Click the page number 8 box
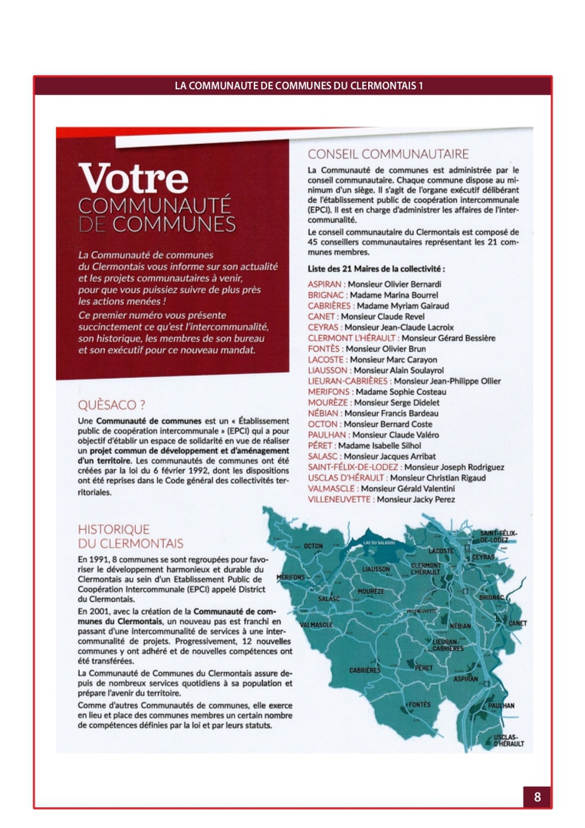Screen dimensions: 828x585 (x=537, y=797)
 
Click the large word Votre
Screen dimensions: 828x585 (x=133, y=179)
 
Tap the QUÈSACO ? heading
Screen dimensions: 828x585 (x=112, y=405)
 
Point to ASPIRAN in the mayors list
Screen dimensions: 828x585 (x=324, y=284)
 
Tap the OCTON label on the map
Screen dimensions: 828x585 (x=314, y=546)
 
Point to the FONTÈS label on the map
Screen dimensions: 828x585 (x=419, y=704)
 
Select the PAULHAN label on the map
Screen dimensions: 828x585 (x=501, y=705)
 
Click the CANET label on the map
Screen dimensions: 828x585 (x=518, y=623)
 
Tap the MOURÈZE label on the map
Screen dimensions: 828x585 (x=371, y=592)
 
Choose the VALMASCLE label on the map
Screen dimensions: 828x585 (x=316, y=625)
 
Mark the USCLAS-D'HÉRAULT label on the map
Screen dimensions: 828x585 (x=509, y=740)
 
